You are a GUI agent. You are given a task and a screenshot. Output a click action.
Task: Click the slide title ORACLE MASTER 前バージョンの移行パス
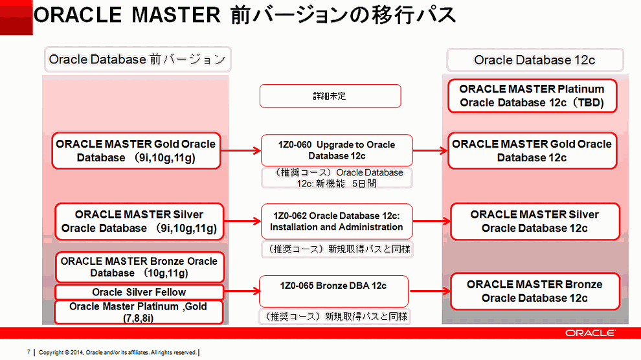pos(245,16)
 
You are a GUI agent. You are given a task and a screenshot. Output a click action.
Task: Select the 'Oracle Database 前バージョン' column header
pos(137,60)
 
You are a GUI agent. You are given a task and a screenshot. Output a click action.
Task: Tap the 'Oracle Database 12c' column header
pos(534,60)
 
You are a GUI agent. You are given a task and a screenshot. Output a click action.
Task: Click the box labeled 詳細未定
pos(330,96)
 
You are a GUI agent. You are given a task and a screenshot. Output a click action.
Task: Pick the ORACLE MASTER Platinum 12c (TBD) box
pos(532,96)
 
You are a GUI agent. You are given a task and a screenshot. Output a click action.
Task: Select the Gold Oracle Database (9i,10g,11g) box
pos(136,151)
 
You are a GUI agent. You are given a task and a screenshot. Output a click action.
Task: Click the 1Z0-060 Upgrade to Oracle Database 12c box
pos(337,150)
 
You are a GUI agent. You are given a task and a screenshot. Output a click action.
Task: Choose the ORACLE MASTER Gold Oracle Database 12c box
pos(532,151)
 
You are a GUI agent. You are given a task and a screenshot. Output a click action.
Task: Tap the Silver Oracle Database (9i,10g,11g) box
pos(139,221)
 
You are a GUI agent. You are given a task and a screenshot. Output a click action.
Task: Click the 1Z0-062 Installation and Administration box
pos(336,221)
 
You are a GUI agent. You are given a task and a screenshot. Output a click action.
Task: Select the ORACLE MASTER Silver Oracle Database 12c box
pos(534,221)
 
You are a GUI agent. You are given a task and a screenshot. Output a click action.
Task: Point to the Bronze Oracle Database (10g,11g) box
pos(139,267)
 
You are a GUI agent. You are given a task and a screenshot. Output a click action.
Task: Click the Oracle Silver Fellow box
pos(139,292)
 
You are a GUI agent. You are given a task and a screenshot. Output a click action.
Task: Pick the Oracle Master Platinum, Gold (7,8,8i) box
pos(139,312)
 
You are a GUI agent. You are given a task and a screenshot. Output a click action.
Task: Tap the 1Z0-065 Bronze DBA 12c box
pos(333,291)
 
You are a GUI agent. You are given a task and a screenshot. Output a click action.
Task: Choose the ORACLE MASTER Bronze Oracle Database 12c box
pos(534,291)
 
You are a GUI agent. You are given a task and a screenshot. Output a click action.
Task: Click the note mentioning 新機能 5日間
pos(337,178)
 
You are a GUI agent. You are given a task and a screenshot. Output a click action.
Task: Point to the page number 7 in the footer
pos(28,352)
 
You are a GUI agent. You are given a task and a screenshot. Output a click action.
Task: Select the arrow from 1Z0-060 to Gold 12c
pos(430,151)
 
